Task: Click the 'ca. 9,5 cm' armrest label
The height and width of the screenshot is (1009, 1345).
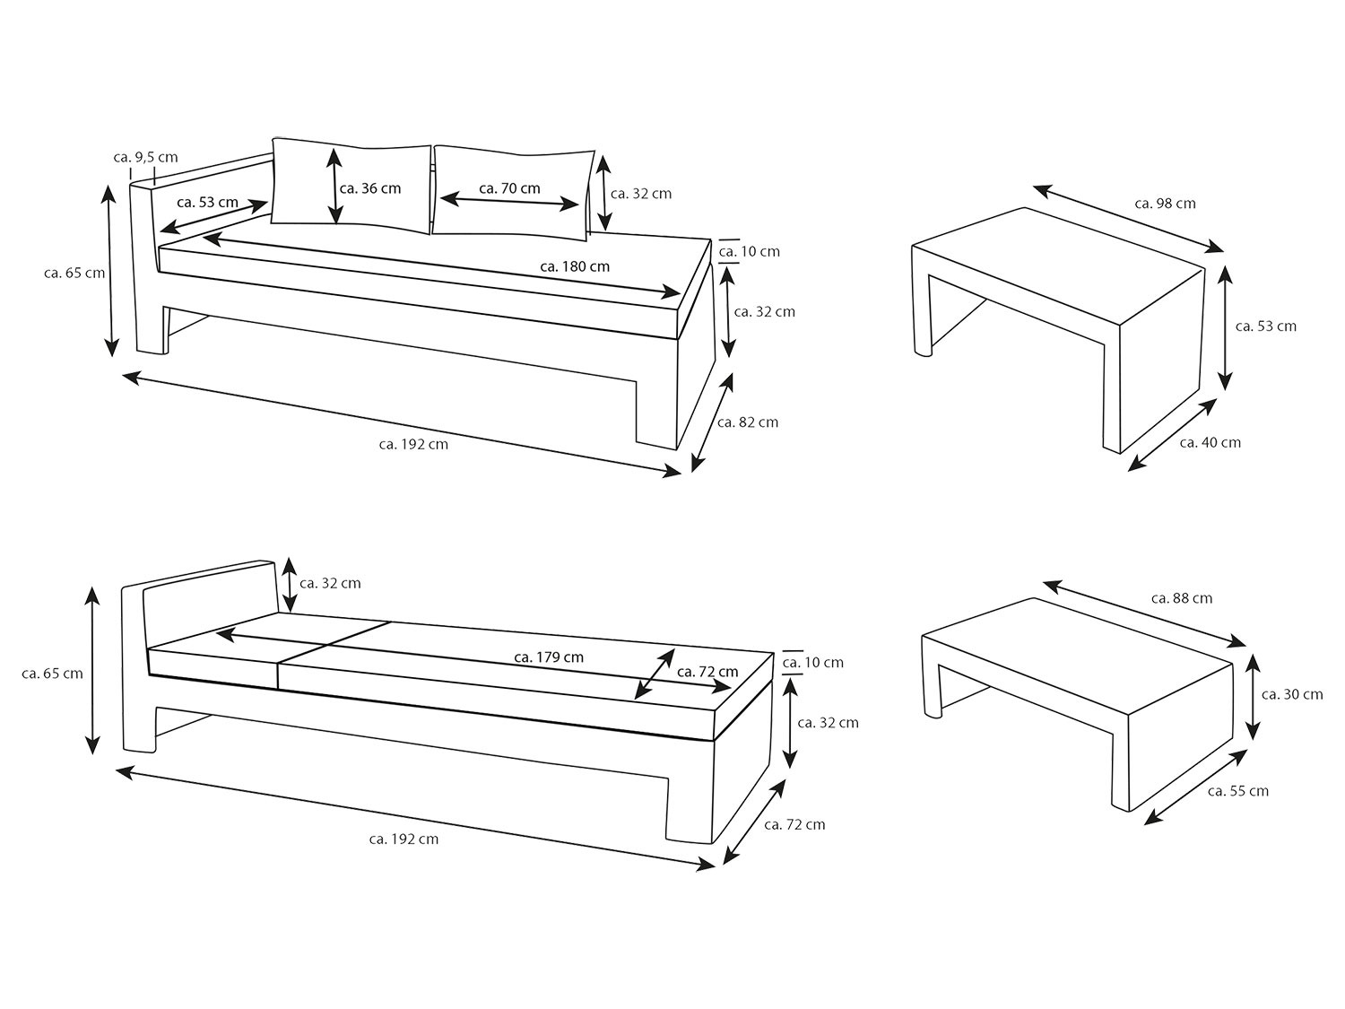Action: [146, 158]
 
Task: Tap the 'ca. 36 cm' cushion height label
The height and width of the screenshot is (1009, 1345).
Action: [370, 188]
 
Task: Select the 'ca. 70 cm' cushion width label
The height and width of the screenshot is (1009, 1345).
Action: [510, 188]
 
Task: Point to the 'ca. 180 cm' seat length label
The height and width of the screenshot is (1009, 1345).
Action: [575, 266]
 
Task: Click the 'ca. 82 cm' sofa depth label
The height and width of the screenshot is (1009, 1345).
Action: [748, 422]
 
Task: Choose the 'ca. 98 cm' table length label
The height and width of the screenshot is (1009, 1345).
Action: [1165, 204]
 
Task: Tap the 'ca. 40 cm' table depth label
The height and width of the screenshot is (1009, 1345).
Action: [1210, 442]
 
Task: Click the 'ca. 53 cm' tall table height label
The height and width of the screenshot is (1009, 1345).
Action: [1266, 326]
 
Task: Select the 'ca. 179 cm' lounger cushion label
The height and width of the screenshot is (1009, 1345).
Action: [549, 657]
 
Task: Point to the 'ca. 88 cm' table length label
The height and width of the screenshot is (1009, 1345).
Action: [1182, 598]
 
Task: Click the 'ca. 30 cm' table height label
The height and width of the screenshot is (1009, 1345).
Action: [1292, 694]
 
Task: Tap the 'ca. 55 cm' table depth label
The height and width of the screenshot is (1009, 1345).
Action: [1238, 791]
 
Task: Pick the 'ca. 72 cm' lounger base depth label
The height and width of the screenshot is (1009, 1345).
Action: [794, 824]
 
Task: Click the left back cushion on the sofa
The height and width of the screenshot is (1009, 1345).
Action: [351, 185]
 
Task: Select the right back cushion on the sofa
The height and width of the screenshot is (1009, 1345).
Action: [514, 190]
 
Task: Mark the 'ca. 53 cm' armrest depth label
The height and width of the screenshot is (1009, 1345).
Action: [208, 202]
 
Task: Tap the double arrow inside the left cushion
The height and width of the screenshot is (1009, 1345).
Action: [334, 187]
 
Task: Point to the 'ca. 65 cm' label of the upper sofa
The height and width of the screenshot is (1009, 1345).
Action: [74, 273]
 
